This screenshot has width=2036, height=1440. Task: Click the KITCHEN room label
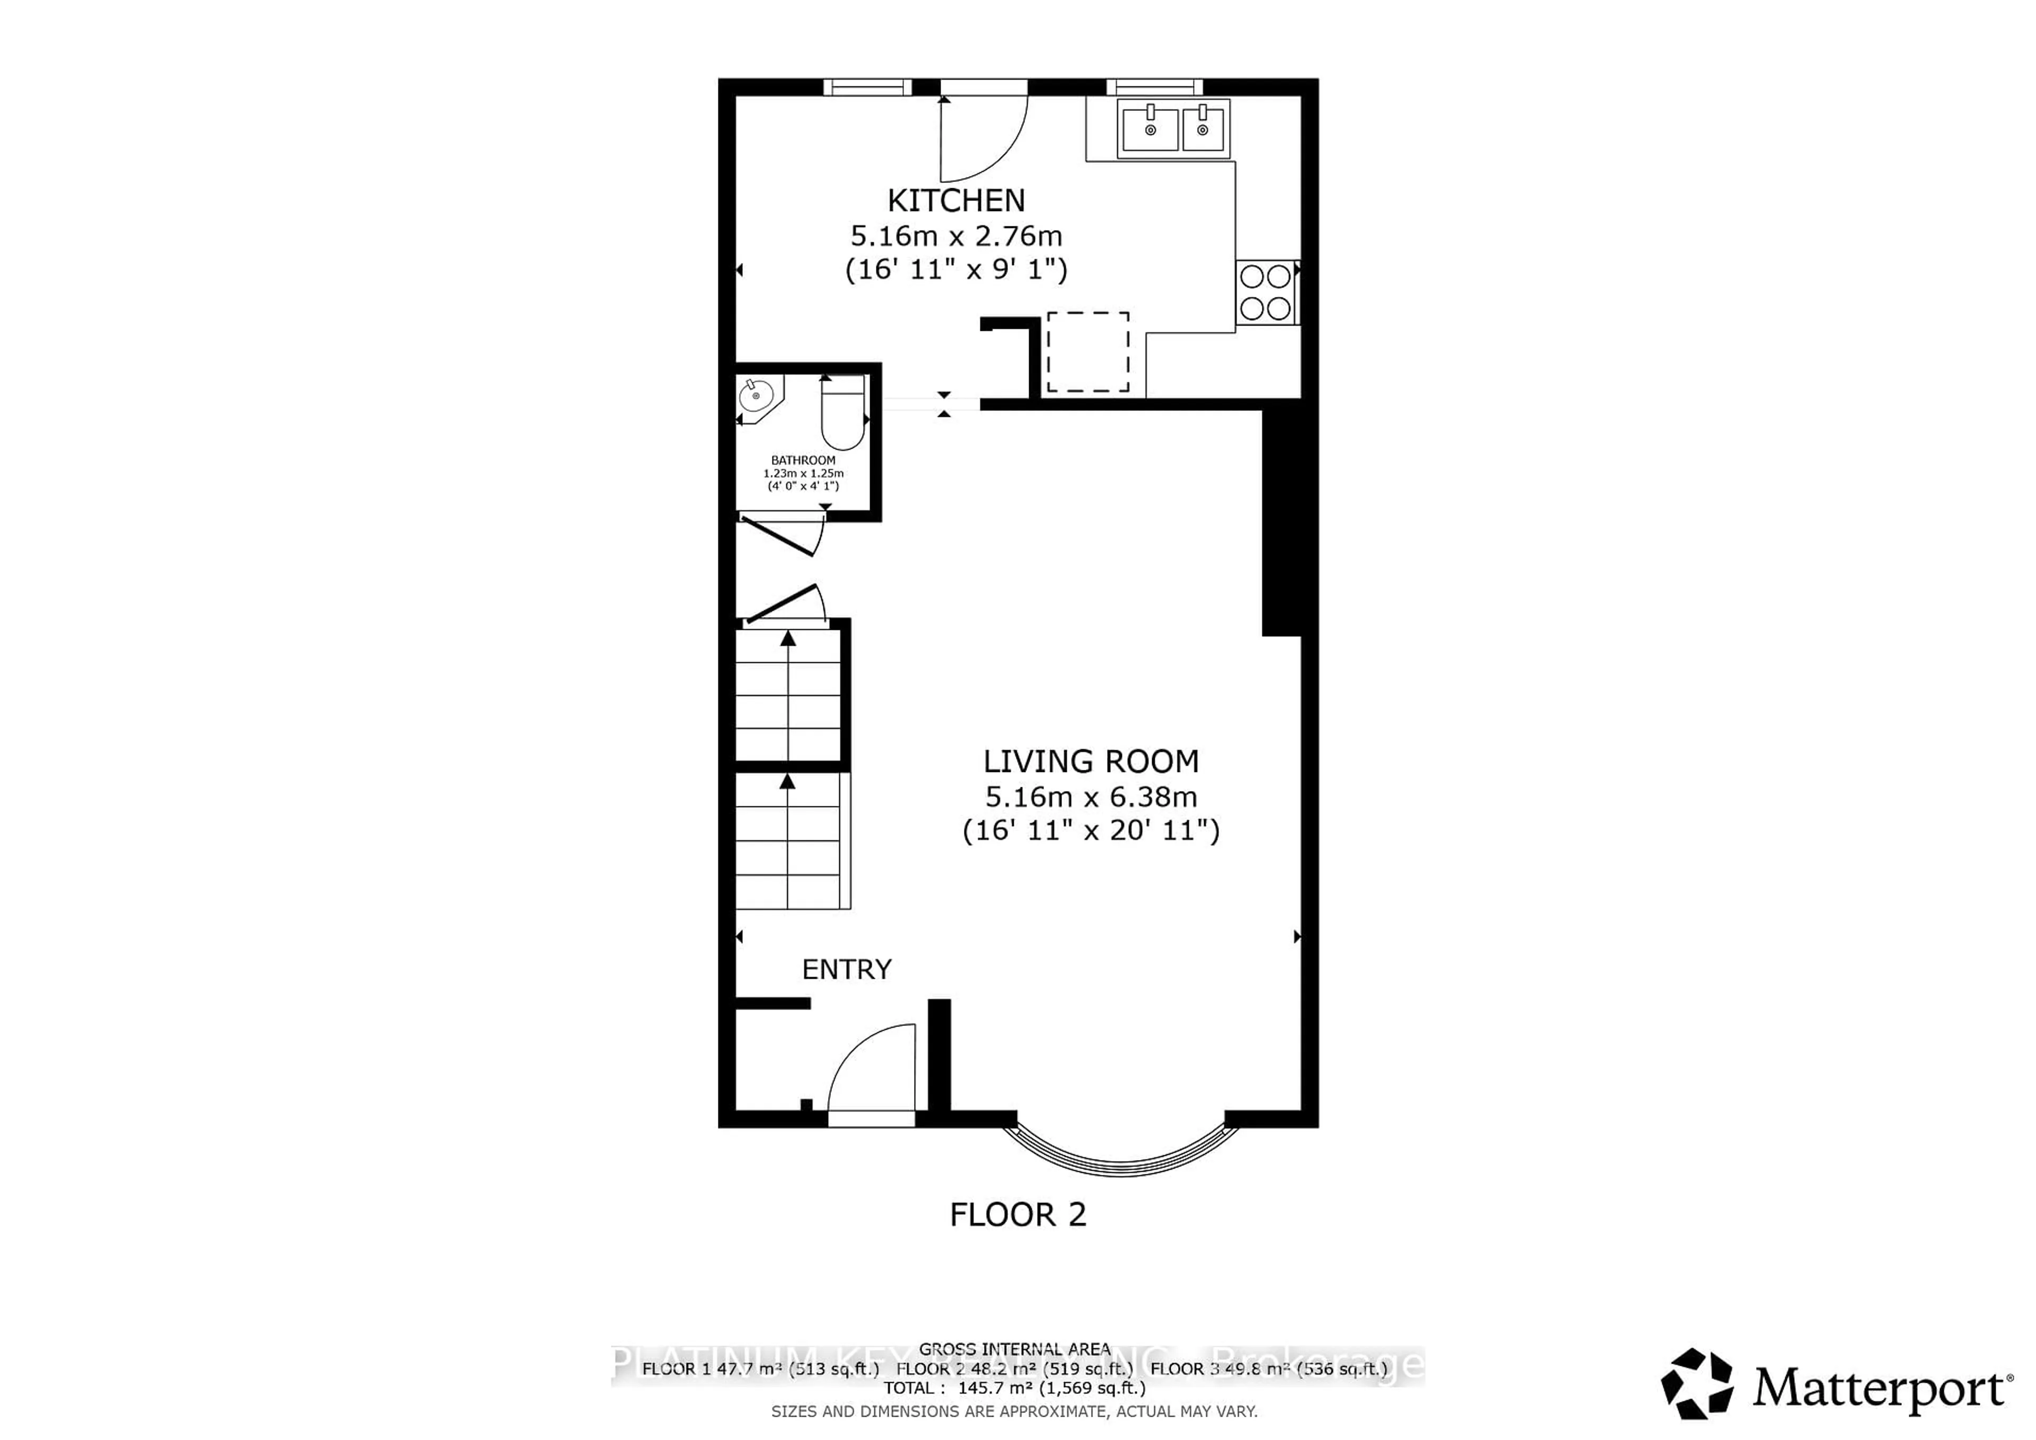click(956, 200)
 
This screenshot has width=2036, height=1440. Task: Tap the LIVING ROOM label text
click(1091, 761)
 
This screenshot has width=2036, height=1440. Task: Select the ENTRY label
click(846, 969)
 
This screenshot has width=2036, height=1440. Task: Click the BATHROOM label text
click(803, 460)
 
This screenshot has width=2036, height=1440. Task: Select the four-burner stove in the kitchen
click(1266, 292)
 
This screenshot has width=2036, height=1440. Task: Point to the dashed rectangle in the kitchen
click(1088, 352)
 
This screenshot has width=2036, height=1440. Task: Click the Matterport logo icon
click(1696, 1383)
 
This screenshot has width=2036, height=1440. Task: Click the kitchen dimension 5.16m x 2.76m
click(956, 236)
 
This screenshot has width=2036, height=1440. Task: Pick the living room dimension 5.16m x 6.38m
click(1091, 796)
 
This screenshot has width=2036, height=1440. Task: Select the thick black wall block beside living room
click(1280, 523)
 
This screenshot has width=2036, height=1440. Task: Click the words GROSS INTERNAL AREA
click(1014, 1349)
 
